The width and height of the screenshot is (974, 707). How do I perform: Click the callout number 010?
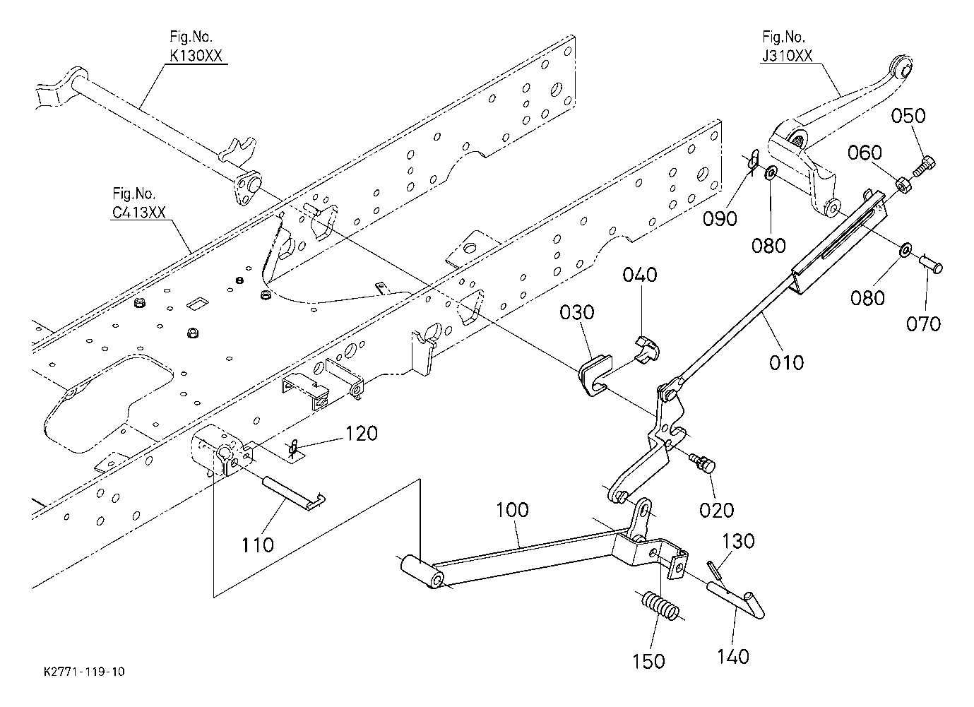click(x=787, y=362)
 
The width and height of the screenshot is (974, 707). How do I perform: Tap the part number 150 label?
click(x=648, y=661)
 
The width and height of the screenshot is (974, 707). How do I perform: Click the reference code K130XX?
click(x=196, y=56)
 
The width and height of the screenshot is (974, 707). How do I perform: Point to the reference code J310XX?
click(x=787, y=56)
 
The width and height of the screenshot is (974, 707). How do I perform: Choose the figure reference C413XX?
click(x=139, y=212)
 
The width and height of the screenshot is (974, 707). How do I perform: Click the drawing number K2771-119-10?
click(x=84, y=672)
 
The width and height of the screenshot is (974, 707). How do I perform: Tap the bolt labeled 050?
click(x=924, y=167)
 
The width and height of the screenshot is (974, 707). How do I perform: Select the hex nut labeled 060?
click(x=903, y=185)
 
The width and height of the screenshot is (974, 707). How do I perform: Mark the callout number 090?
click(x=720, y=218)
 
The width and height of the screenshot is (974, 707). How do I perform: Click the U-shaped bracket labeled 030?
click(x=595, y=375)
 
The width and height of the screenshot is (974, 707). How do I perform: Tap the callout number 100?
click(x=512, y=510)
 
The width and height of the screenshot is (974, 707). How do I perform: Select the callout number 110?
click(x=257, y=545)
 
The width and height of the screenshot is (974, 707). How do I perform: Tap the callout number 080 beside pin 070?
click(x=867, y=298)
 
